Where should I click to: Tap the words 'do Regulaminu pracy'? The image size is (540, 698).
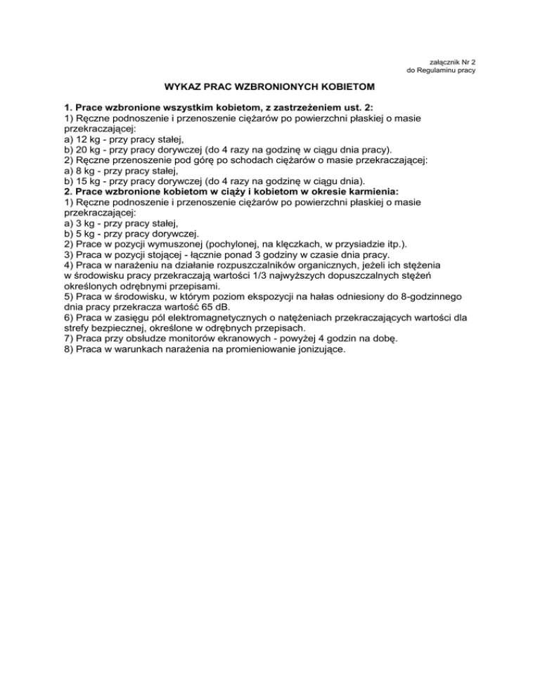(x=442, y=72)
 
